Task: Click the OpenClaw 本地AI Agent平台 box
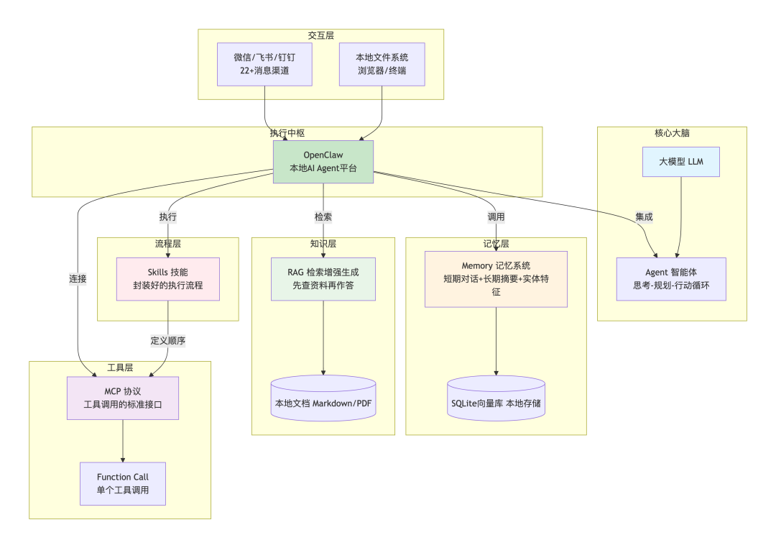coord(323,162)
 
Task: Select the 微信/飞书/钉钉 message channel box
coord(264,64)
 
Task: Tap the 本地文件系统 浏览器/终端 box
coord(382,64)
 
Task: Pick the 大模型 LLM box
coord(680,162)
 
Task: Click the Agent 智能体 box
coord(671,279)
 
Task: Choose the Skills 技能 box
coord(168,279)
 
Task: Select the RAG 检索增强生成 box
coord(323,279)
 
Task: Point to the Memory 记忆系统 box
coord(496,279)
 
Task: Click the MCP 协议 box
coord(123,398)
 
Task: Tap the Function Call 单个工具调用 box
coord(123,483)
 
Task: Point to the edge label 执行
coord(168,216)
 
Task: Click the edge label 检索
coord(323,216)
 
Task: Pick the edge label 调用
coord(496,216)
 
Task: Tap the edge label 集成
coord(644,216)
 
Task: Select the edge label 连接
coord(78,279)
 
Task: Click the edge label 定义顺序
coord(168,340)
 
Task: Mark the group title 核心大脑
coord(672,133)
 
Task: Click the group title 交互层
coord(321,35)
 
